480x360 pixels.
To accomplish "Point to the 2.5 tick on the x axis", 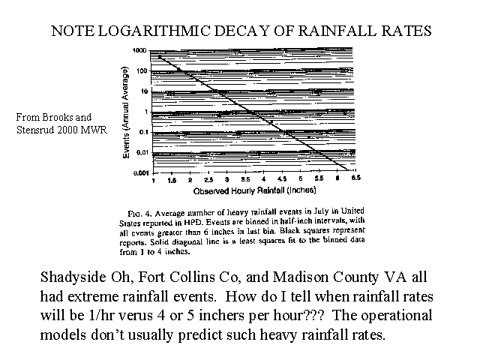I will (208, 180).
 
